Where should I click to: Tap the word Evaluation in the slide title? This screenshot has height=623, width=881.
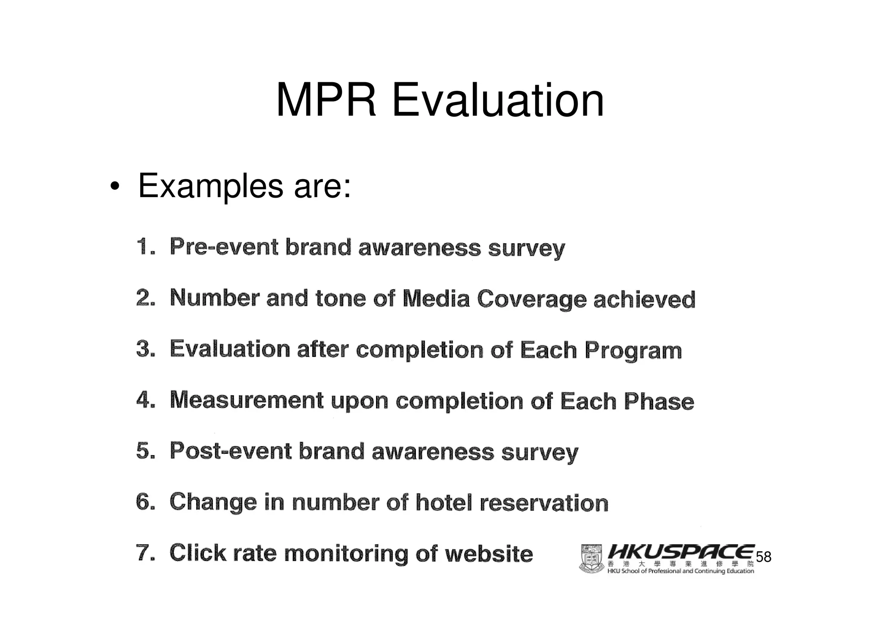pos(497,101)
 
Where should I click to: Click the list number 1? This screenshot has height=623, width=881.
pos(145,247)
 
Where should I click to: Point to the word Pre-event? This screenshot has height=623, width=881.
pos(224,247)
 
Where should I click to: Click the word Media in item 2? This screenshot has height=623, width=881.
pos(436,298)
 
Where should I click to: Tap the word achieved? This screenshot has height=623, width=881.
pos(644,299)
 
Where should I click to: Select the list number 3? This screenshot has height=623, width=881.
pos(145,349)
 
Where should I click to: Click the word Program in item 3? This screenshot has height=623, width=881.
pos(633,350)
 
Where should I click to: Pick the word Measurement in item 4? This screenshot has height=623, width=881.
pos(246,400)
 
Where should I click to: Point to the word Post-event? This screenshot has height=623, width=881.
pos(230,451)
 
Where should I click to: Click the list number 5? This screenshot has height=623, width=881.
pos(145,451)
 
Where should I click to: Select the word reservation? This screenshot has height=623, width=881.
pos(544,503)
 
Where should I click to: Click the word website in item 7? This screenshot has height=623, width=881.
pos(489,554)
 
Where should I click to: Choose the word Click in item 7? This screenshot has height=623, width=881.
pos(197,553)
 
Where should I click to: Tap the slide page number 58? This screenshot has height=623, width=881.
pos(764,557)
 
